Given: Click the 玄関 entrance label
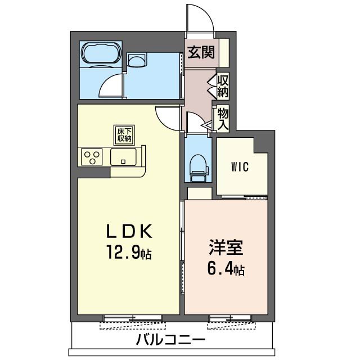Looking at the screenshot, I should pos(200,53).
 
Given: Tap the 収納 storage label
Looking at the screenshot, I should pos(223,85).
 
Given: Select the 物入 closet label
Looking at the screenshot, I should pos(223,119).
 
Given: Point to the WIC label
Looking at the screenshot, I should pos(240,167).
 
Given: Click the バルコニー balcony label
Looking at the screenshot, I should pos(170,340).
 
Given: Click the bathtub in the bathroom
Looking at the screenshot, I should pos(101,53).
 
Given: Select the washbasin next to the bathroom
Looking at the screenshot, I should pos(136,61).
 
